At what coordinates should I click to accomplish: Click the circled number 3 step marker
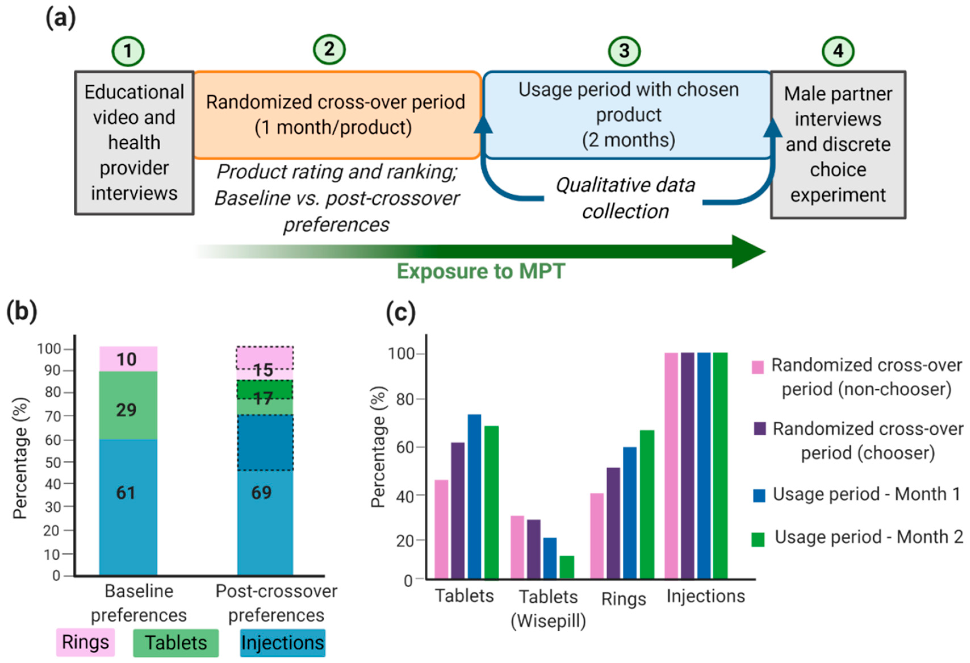click(x=624, y=51)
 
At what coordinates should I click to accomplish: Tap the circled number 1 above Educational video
click(x=128, y=51)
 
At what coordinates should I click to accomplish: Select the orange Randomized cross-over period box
click(x=336, y=115)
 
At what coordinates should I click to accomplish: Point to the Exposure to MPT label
click(x=481, y=272)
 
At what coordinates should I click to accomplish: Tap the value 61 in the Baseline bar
click(x=126, y=493)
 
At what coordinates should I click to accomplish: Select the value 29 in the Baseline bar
click(x=126, y=410)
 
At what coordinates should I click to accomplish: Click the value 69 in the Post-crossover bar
click(x=262, y=493)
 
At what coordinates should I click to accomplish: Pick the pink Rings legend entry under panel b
click(x=85, y=642)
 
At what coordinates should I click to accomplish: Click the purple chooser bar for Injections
click(x=688, y=466)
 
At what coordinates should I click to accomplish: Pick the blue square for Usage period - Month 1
click(x=759, y=495)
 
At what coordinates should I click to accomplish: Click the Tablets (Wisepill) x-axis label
click(x=548, y=609)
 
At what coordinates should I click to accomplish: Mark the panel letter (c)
click(x=400, y=312)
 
